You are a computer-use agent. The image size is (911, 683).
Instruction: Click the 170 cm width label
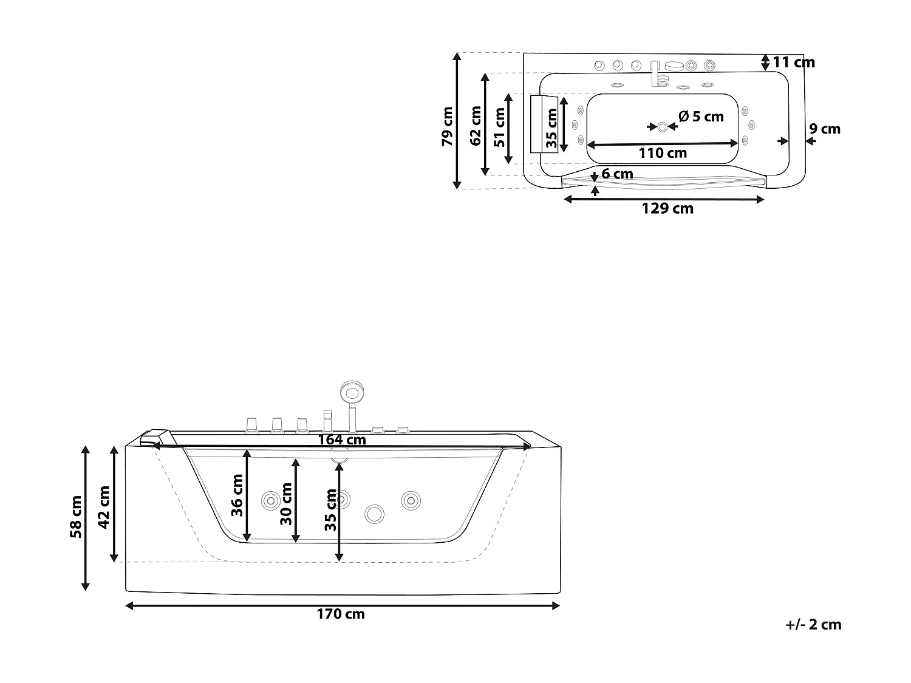tap(341, 614)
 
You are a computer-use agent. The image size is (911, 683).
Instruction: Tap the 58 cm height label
tap(76, 517)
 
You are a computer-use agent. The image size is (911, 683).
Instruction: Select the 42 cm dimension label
tap(104, 507)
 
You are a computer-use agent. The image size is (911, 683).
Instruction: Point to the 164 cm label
tap(342, 440)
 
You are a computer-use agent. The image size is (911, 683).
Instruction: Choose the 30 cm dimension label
tap(286, 503)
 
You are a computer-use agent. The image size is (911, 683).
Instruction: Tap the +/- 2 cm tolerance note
tap(813, 624)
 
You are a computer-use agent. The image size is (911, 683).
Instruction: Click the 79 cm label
tap(447, 126)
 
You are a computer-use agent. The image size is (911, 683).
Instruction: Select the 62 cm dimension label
tap(476, 126)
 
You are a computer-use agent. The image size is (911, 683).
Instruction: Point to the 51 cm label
tap(500, 127)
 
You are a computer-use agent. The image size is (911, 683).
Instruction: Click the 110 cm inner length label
tap(663, 153)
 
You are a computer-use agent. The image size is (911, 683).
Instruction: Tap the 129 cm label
tap(667, 209)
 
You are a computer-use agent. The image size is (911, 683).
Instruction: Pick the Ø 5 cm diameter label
tap(701, 116)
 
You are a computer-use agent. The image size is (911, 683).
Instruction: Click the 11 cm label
tap(794, 62)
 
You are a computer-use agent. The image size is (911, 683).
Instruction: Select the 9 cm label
tap(825, 129)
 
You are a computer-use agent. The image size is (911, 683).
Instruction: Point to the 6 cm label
tap(617, 174)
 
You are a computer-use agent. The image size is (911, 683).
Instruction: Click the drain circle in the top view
tap(662, 127)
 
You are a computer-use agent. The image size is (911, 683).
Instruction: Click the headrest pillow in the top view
tap(544, 124)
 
